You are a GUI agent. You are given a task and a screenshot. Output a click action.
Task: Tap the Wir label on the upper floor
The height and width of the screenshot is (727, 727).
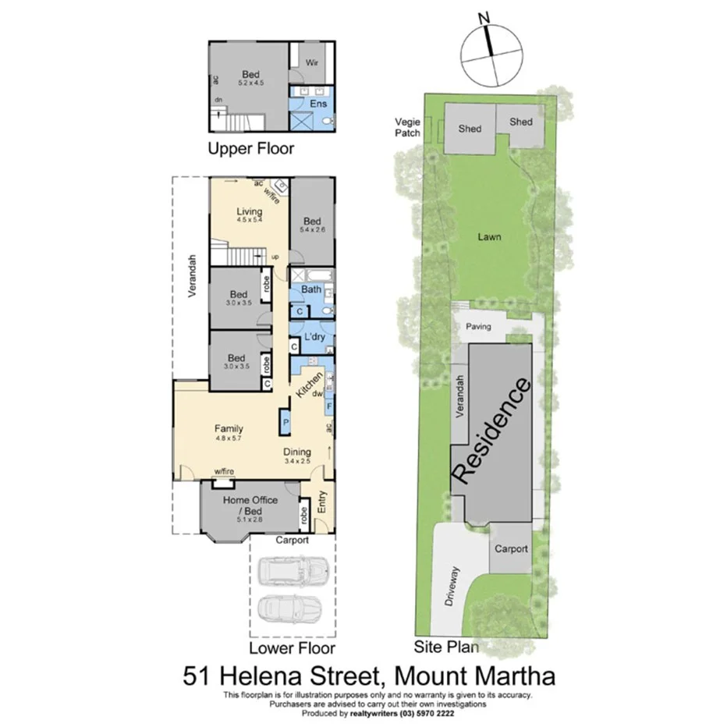(x=311, y=62)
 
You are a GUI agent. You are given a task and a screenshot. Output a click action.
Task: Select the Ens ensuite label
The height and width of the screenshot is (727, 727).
(x=318, y=104)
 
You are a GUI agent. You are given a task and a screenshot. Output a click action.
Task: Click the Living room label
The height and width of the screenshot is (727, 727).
(x=250, y=211)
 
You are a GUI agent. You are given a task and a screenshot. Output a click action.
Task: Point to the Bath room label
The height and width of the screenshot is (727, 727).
(x=311, y=289)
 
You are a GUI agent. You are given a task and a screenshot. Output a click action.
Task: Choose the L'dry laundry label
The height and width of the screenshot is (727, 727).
(x=314, y=336)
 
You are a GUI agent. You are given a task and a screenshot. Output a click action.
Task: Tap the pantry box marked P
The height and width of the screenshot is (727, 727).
(x=285, y=422)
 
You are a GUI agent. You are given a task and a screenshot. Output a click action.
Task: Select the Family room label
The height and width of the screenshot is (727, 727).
(x=229, y=428)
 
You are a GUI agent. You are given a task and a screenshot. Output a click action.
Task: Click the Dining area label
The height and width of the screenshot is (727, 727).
(x=297, y=452)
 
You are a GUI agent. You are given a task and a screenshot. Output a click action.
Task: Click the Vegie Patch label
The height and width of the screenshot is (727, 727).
(x=407, y=127)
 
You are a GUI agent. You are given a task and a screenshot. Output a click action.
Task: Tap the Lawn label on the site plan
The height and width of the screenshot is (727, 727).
(x=490, y=237)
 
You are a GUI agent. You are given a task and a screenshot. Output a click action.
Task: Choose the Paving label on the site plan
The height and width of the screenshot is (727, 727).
(x=478, y=327)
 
